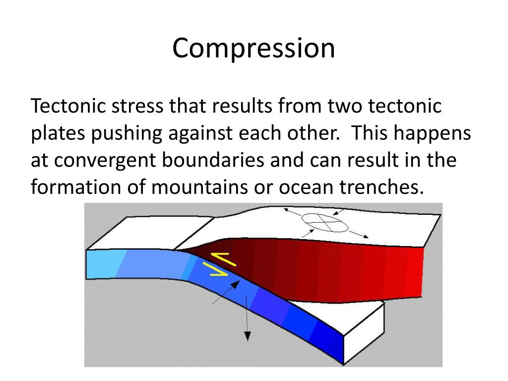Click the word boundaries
pyautogui.click(x=218, y=161)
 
